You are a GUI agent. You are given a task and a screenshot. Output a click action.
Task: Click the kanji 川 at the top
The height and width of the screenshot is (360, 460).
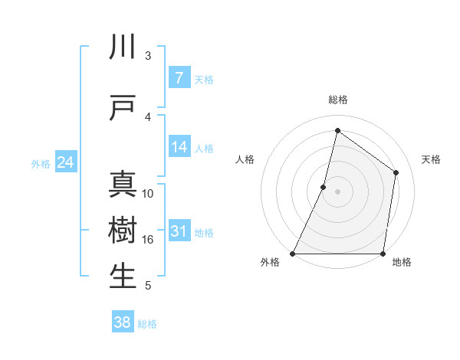tap(123, 47)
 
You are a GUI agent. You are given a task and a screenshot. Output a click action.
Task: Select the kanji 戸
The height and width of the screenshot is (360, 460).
tap(123, 108)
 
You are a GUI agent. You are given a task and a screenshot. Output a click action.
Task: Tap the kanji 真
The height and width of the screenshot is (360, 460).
tap(123, 185)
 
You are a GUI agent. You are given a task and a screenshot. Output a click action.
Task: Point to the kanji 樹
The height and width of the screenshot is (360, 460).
tap(123, 231)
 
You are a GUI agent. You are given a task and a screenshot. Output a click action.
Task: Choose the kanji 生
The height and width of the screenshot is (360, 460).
tap(123, 277)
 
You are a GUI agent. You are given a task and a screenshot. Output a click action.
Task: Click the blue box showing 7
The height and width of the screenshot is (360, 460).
tap(179, 78)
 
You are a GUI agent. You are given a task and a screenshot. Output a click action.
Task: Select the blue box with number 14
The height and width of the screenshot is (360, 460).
tap(179, 147)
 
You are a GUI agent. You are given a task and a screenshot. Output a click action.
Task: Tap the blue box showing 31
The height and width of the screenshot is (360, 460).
tap(179, 231)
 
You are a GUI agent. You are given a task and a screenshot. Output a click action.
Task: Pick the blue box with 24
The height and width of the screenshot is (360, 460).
tap(65, 162)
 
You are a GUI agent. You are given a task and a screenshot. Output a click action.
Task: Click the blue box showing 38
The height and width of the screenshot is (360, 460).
tap(122, 322)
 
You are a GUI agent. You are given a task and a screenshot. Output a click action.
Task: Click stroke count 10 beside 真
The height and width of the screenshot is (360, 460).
tap(148, 193)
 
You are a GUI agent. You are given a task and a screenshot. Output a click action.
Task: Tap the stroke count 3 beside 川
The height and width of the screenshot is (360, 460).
tap(148, 55)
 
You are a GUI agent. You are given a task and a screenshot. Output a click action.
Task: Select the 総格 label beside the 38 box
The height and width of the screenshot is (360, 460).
tap(147, 324)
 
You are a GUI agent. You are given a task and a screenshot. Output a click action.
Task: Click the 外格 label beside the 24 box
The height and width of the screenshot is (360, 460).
tap(41, 164)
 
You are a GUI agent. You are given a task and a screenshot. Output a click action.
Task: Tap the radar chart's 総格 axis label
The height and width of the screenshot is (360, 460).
tap(338, 100)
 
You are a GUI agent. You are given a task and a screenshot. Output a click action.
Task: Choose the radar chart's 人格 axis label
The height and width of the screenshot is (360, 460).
tap(245, 159)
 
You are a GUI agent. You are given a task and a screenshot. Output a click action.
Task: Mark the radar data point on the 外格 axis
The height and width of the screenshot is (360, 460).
tap(293, 254)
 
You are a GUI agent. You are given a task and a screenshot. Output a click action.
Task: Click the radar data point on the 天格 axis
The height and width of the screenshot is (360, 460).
tap(396, 172)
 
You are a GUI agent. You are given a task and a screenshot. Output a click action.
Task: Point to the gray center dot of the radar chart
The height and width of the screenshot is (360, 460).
tap(337, 191)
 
